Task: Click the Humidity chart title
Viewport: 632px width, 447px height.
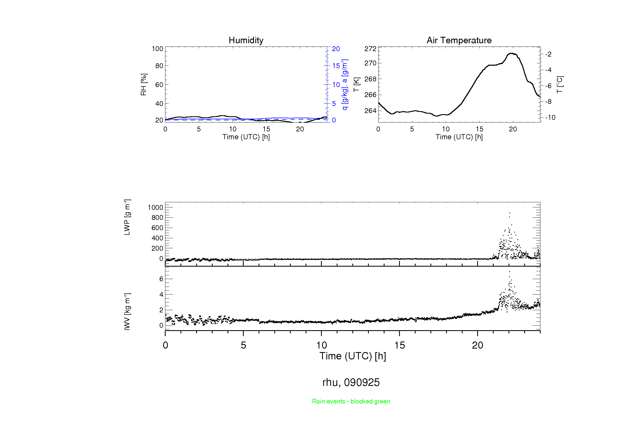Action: click(x=246, y=40)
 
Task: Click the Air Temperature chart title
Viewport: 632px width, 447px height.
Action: click(x=459, y=40)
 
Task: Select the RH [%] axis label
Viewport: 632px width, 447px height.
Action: click(x=143, y=85)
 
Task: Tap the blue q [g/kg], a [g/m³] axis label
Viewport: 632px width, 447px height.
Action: click(x=345, y=85)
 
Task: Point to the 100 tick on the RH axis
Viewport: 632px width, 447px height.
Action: click(x=158, y=49)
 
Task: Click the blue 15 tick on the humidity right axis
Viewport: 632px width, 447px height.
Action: click(x=336, y=66)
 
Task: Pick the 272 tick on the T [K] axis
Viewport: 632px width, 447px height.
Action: click(x=370, y=49)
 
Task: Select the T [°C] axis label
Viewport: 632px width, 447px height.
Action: click(x=560, y=85)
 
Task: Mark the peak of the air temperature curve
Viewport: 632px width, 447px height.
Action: click(x=511, y=53)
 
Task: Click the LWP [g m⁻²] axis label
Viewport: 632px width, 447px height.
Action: click(x=127, y=217)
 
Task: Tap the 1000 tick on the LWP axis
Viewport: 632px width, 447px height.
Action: click(x=155, y=207)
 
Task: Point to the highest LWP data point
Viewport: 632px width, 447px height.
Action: click(x=510, y=213)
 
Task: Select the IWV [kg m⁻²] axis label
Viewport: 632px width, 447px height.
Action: click(x=127, y=312)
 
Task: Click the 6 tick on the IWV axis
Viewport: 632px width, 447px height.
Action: click(x=161, y=279)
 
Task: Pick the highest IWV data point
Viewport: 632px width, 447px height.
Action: click(x=510, y=272)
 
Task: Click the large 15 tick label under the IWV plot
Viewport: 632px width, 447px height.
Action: click(x=399, y=345)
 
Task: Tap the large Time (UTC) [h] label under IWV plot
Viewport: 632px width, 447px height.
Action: click(x=353, y=356)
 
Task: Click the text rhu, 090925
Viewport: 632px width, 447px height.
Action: click(x=351, y=382)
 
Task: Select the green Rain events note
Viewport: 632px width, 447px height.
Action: click(x=351, y=401)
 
